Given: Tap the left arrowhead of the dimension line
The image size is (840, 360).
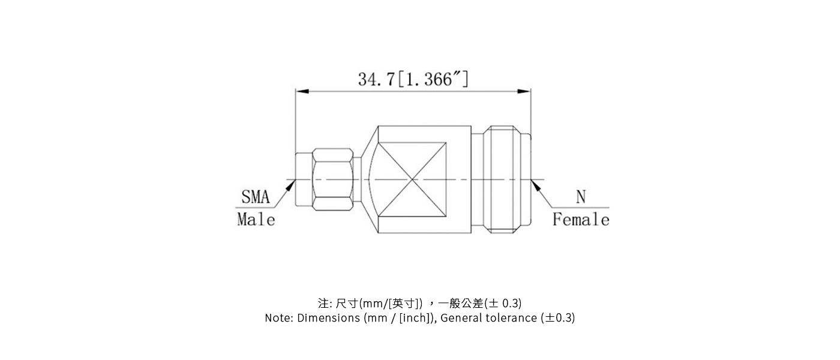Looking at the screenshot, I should point(302,91).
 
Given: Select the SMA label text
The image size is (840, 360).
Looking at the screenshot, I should point(256,197).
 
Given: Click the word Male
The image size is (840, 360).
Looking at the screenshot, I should point(256,220).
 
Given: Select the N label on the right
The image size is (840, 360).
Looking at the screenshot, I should point(580,197).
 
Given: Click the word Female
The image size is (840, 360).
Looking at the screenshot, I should point(580,220).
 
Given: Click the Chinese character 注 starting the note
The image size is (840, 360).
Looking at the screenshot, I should point(323,303).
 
